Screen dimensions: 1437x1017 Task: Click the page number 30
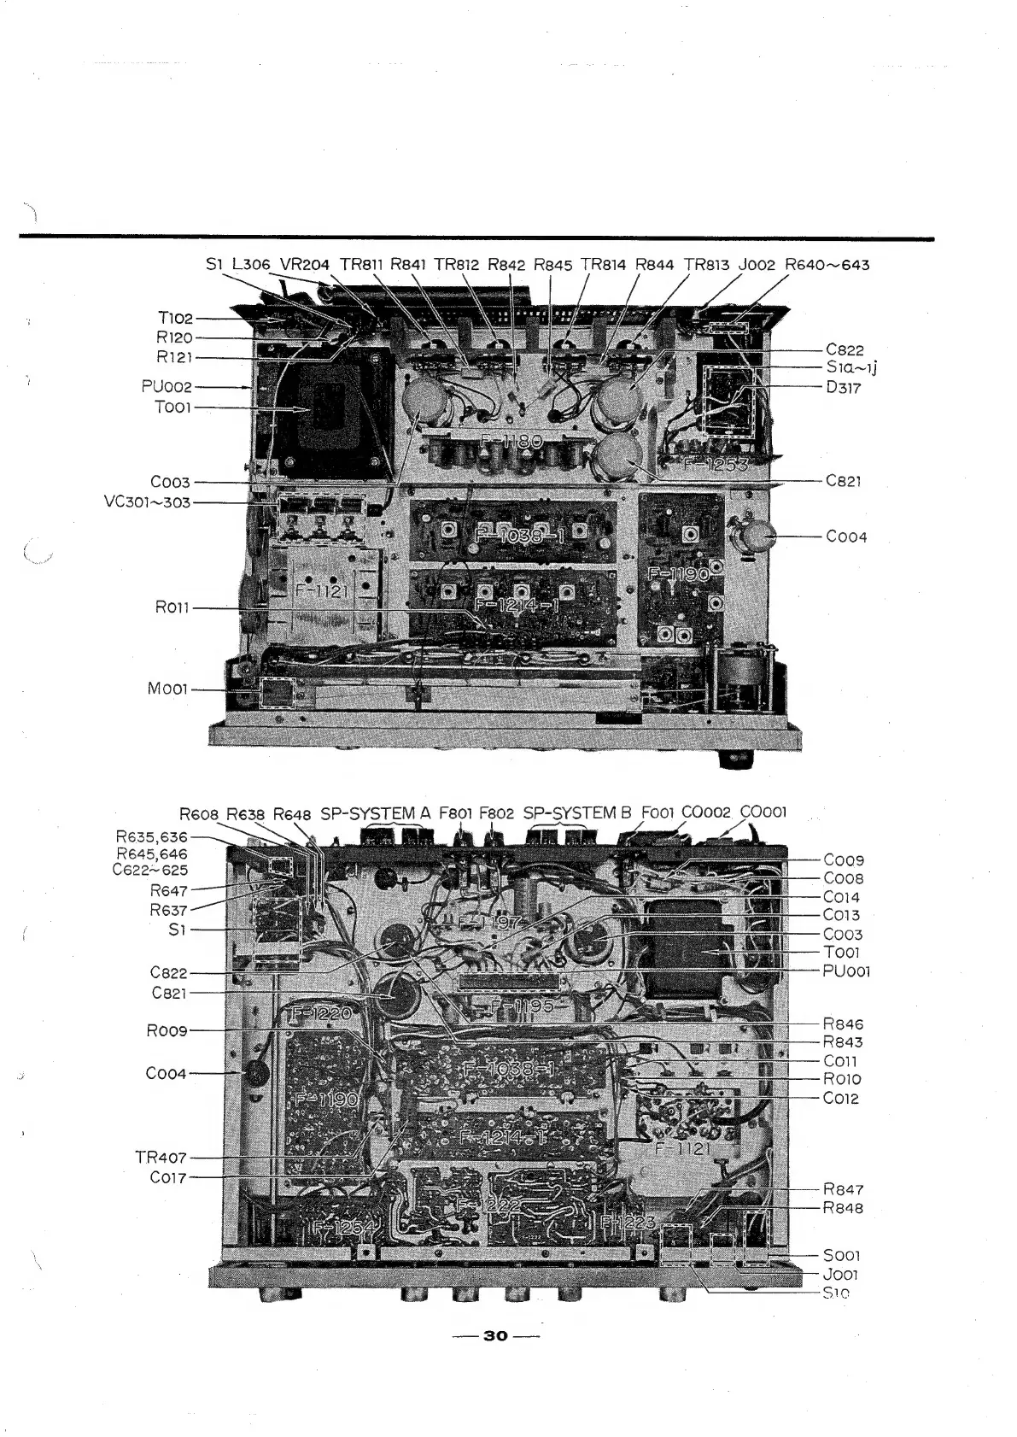[x=495, y=1336]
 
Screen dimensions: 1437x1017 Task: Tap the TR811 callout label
[x=361, y=265]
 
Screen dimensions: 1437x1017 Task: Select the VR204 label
[x=304, y=265]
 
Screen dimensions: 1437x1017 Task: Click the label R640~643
[x=827, y=265]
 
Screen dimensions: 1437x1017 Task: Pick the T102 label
[x=175, y=319]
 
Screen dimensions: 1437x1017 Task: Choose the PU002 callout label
[x=167, y=388]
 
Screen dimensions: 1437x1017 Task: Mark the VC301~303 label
[x=147, y=501]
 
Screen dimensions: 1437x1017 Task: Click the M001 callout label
[x=167, y=689]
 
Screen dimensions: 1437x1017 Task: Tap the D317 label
[x=843, y=388]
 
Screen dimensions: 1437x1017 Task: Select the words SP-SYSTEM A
[x=376, y=813]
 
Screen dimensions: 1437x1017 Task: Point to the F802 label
[x=496, y=813]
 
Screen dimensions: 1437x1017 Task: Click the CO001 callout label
[x=763, y=812]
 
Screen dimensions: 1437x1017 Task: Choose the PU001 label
[x=846, y=971]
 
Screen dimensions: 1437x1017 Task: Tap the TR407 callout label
[x=161, y=1158]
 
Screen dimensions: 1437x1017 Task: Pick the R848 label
[x=843, y=1208]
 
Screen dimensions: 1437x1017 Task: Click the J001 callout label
[x=840, y=1275]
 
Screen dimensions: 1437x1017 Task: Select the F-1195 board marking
[x=521, y=1005]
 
